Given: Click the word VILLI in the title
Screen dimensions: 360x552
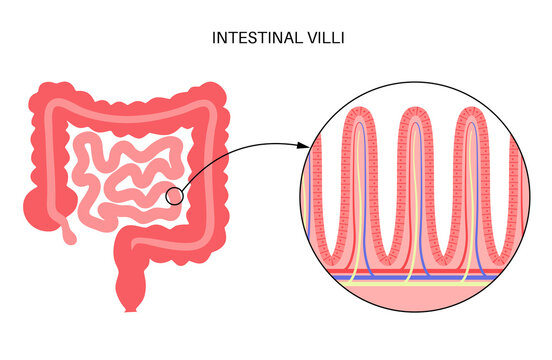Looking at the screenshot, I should tap(320, 39).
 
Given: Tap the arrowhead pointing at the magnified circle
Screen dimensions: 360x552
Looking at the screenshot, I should tap(304, 146).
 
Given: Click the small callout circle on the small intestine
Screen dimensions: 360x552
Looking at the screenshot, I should tap(174, 196).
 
